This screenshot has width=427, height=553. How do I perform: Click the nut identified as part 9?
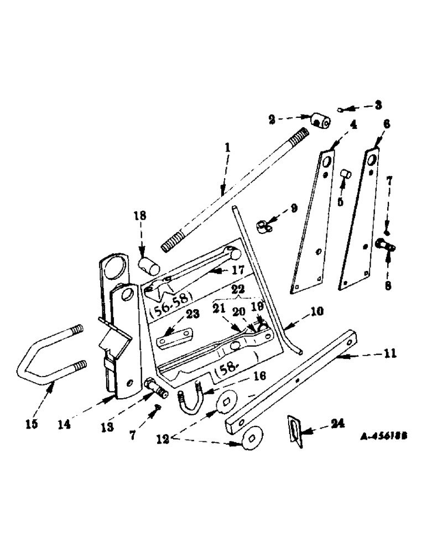(263, 226)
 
